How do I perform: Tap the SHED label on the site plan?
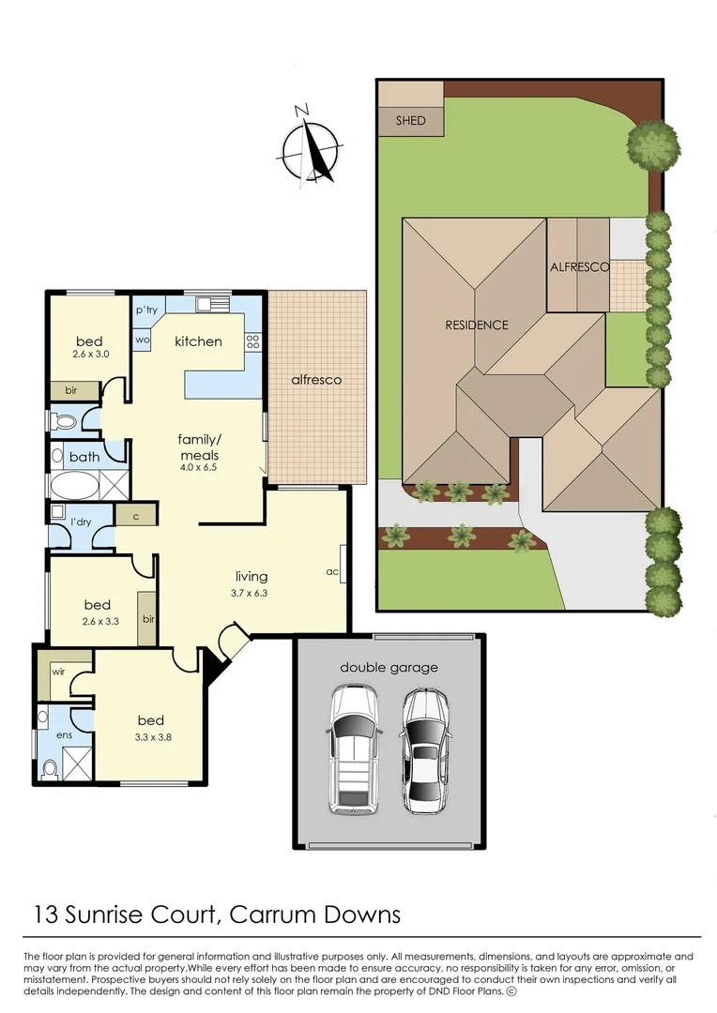tap(410, 120)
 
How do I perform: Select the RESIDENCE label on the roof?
tap(477, 325)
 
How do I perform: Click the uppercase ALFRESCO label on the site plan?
tap(579, 266)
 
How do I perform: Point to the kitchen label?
tap(198, 340)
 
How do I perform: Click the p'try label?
tap(145, 310)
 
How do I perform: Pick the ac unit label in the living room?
tap(332, 570)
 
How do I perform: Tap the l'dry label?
tap(80, 522)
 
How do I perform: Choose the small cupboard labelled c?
tap(136, 515)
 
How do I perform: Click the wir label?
tap(57, 672)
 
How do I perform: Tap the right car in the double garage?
tap(425, 750)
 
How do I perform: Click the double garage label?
tap(389, 668)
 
